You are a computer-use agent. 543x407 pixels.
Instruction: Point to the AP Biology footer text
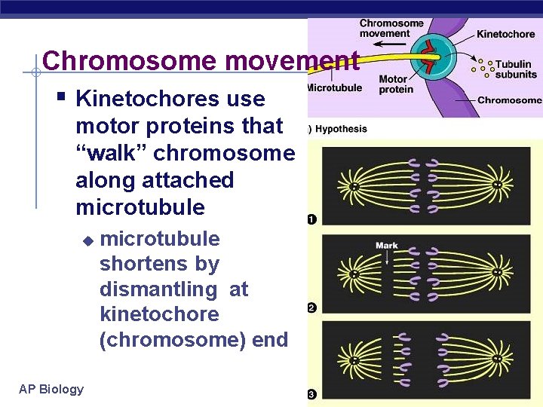[x=51, y=389]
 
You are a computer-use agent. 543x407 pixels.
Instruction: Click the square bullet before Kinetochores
[x=62, y=96]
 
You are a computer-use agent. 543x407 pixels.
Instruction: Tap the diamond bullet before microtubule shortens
[x=87, y=240]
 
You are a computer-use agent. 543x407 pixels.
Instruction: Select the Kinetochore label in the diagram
[x=505, y=34]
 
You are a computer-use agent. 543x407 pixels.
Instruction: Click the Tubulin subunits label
[x=516, y=69]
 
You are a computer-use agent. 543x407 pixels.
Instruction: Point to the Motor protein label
[x=395, y=84]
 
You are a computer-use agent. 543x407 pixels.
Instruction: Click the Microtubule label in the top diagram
[x=334, y=87]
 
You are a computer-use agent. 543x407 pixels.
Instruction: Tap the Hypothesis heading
[x=340, y=129]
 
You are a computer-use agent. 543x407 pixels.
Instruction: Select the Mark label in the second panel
[x=386, y=246]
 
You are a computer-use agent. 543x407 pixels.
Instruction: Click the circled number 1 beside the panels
[x=312, y=220]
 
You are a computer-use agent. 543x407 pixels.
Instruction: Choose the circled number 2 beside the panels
[x=312, y=308]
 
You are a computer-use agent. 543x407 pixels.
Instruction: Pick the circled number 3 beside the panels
[x=312, y=394]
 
